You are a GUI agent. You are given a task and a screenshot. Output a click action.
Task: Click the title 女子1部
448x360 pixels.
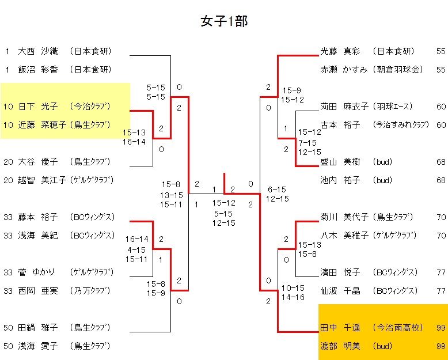coord(224,21)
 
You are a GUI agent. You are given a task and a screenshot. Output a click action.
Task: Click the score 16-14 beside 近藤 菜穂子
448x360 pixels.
coord(134,142)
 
